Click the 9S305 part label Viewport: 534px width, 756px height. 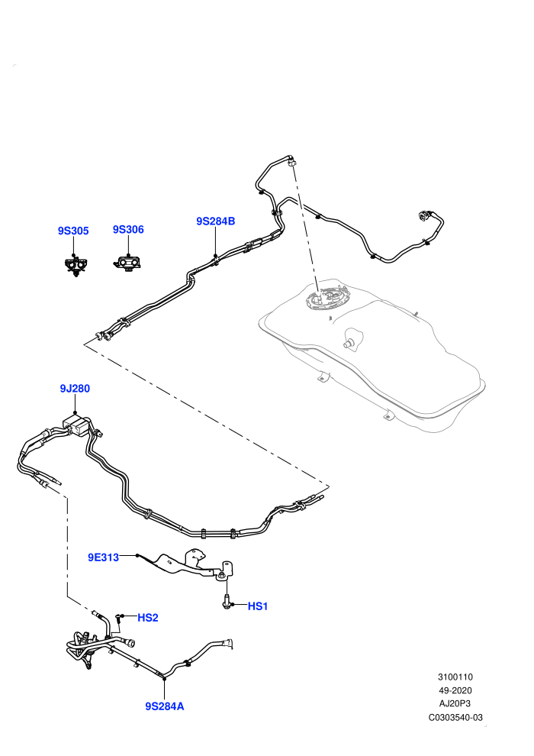pos(73,231)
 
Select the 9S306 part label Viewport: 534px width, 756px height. pos(128,230)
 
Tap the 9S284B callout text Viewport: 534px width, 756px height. pos(215,221)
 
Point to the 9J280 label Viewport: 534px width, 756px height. pos(75,389)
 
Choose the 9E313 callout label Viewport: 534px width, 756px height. pos(103,558)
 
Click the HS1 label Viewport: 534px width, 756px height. pos(258,606)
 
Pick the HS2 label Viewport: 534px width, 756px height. pos(148,618)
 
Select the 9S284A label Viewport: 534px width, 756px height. pos(165,706)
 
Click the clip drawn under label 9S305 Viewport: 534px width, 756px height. pos(76,266)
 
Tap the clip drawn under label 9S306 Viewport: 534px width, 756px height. pos(128,263)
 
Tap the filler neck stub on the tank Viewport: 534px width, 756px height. pos(351,338)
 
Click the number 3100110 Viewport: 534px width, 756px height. pos(455,677)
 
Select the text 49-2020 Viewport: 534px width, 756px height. pos(455,690)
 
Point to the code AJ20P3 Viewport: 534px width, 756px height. pos(455,704)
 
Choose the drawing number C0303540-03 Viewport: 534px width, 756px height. pos(455,717)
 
